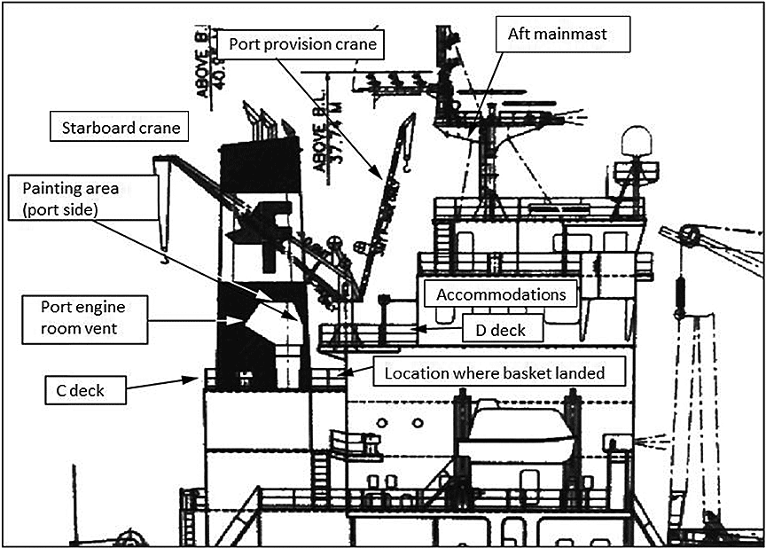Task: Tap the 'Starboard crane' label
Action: [x=121, y=128]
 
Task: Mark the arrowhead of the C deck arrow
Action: [x=200, y=378]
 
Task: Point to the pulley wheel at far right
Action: [x=688, y=235]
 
